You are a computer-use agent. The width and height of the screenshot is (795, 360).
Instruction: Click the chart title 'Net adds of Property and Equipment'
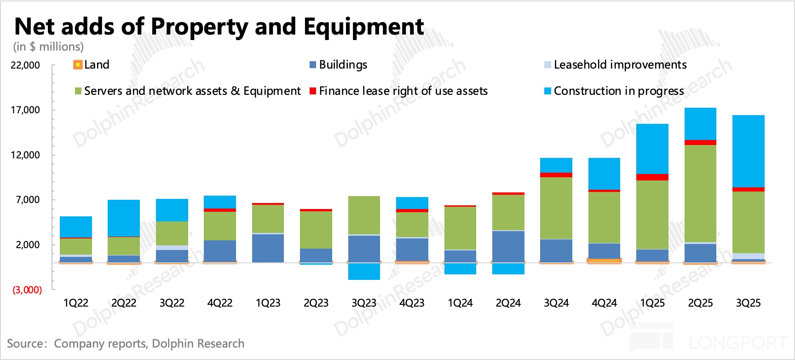219,27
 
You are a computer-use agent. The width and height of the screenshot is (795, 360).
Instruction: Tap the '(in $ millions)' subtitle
48,47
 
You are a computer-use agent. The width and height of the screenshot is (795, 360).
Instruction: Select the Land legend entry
92,65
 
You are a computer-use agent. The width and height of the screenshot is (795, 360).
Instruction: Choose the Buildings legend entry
339,65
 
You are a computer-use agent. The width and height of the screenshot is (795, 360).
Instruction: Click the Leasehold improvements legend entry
615,65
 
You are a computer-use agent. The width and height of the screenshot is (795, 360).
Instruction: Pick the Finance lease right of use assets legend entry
398,91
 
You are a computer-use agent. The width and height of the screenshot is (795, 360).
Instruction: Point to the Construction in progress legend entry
614,91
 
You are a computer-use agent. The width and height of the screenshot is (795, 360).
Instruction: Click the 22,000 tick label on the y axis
25,65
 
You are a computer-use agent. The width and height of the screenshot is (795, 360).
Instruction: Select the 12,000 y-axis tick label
25,155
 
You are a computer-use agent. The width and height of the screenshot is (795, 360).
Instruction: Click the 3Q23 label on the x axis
364,303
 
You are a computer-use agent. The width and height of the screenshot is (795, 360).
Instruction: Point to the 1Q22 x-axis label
76,303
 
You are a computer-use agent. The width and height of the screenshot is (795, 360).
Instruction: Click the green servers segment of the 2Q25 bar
700,193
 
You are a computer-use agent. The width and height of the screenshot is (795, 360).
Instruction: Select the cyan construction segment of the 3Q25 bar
749,151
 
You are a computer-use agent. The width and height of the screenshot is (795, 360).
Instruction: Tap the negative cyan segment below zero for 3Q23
364,272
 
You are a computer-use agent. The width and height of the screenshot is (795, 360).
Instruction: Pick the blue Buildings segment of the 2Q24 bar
508,246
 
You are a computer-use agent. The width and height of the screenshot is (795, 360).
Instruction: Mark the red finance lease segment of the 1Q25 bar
652,177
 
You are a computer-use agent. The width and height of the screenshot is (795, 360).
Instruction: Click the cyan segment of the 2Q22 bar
124,218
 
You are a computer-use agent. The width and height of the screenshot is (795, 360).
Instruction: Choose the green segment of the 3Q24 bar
556,208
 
